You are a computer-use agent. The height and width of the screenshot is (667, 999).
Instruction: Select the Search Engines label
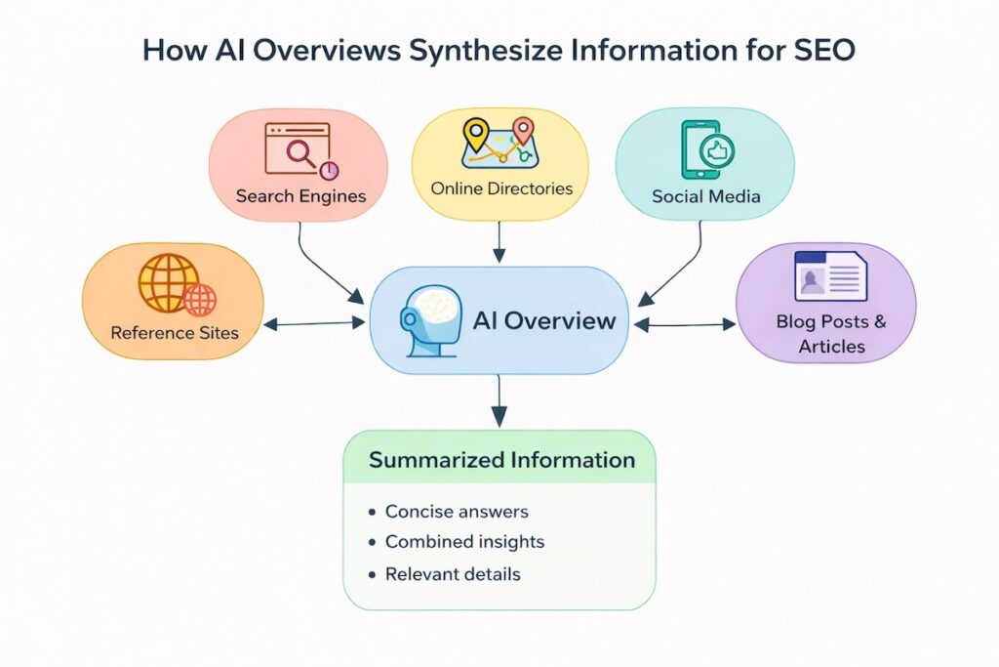tap(300, 196)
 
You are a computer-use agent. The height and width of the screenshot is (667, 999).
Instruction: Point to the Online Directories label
tap(501, 188)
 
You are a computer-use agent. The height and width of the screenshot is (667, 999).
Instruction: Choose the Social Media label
tap(706, 196)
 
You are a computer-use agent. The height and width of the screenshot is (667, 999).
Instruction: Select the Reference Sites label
tap(175, 333)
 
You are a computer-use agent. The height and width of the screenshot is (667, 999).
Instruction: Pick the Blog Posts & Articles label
tap(831, 333)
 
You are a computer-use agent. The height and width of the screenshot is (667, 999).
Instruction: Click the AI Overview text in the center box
tap(543, 320)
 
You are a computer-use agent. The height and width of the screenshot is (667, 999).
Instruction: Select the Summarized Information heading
tap(501, 460)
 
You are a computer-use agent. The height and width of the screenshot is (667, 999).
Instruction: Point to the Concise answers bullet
tap(456, 512)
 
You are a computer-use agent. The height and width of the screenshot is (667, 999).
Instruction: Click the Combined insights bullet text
tap(464, 541)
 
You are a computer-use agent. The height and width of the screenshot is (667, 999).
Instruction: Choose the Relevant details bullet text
tap(453, 574)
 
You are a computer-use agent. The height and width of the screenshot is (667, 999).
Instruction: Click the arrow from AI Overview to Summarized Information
tap(499, 400)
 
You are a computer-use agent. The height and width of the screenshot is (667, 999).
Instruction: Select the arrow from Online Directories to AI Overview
tap(499, 240)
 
